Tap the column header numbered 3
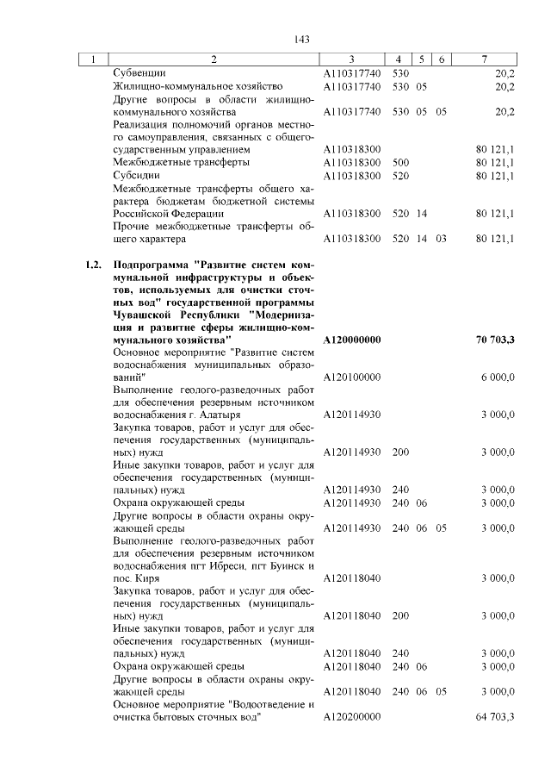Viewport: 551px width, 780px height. coord(351,59)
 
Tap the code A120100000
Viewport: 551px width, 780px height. coord(352,378)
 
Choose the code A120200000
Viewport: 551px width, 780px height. coord(352,717)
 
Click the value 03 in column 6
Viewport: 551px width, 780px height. coord(440,239)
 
